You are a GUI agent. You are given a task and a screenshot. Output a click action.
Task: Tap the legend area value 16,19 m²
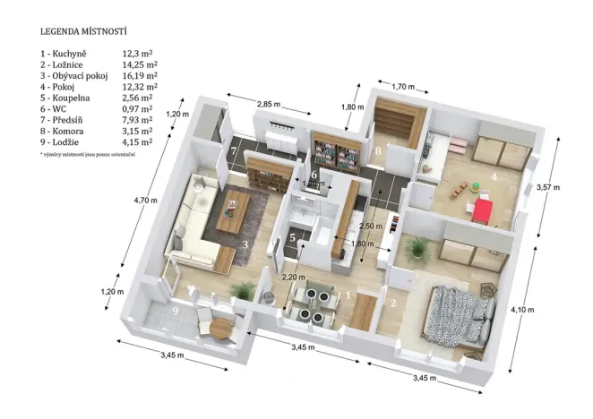[140, 76]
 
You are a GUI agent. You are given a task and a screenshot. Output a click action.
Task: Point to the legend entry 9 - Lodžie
[64, 141]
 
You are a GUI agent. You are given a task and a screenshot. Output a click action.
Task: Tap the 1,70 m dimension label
[404, 86]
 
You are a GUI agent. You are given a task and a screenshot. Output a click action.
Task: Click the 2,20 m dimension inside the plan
[293, 277]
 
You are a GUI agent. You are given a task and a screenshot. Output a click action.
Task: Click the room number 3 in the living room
[245, 243]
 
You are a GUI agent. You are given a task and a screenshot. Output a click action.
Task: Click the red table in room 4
[483, 211]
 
